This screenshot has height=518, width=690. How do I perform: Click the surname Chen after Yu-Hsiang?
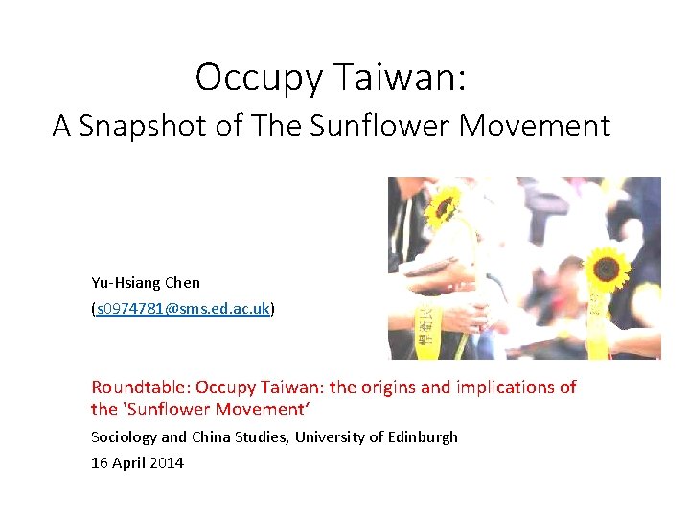(x=182, y=282)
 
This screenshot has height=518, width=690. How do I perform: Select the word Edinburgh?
(x=421, y=437)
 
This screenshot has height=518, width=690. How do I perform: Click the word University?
(x=329, y=437)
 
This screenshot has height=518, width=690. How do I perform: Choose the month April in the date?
(x=127, y=463)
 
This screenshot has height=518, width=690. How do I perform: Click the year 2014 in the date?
(x=166, y=463)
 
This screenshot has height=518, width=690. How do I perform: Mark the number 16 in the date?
(x=100, y=463)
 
